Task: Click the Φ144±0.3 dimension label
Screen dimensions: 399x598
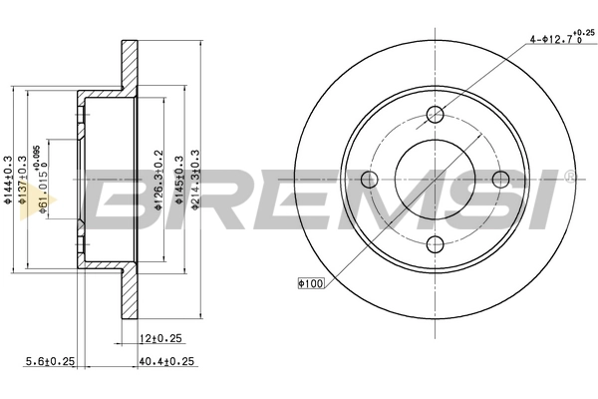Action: click(8, 180)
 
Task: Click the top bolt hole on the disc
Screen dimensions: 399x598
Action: click(436, 114)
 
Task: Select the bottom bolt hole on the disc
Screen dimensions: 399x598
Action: click(436, 244)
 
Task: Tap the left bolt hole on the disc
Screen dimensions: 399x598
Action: click(370, 180)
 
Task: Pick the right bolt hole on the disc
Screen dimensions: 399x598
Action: click(501, 179)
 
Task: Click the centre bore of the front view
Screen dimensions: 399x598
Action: click(436, 180)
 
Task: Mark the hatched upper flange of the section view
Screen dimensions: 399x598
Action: click(129, 70)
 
